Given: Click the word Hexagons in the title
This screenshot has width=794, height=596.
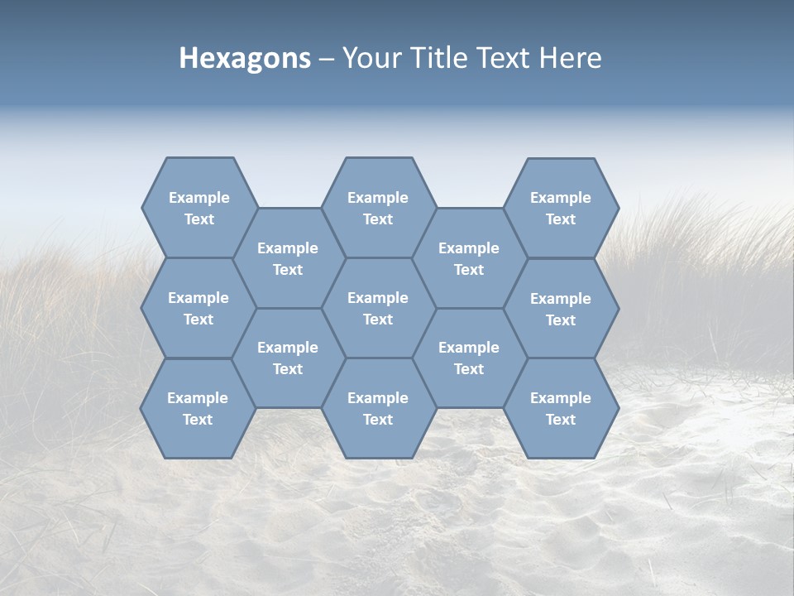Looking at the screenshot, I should pyautogui.click(x=245, y=58).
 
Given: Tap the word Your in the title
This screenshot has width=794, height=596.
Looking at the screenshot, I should pyautogui.click(x=368, y=58).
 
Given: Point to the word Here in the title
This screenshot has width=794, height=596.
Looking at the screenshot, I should pyautogui.click(x=571, y=58).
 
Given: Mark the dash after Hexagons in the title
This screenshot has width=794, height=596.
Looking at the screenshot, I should pyautogui.click(x=327, y=59).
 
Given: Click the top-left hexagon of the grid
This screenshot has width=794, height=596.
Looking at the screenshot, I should pyautogui.click(x=198, y=208).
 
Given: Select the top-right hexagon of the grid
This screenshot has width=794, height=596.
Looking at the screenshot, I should pyautogui.click(x=561, y=208).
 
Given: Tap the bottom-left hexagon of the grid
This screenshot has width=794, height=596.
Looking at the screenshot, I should pyautogui.click(x=198, y=408).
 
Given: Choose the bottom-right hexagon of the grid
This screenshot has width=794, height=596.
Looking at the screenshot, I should pyautogui.click(x=561, y=408).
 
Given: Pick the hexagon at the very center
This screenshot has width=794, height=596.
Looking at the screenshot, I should pyautogui.click(x=378, y=308).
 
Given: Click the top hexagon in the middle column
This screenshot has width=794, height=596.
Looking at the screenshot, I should pyautogui.click(x=378, y=208).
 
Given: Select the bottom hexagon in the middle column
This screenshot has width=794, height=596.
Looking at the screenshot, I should pyautogui.click(x=378, y=408).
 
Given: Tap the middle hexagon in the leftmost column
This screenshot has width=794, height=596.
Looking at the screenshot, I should pyautogui.click(x=198, y=308).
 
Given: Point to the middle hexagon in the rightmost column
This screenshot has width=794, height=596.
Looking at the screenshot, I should pyautogui.click(x=561, y=309).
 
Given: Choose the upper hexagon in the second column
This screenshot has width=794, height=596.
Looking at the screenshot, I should pyautogui.click(x=288, y=258).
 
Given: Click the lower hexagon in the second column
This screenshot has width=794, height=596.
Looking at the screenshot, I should pyautogui.click(x=288, y=358).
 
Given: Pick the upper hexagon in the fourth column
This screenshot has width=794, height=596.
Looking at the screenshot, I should pyautogui.click(x=469, y=258).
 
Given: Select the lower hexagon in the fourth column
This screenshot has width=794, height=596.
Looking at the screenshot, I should pyautogui.click(x=469, y=358).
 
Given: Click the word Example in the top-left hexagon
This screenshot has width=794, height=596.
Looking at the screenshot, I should pyautogui.click(x=198, y=198).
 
